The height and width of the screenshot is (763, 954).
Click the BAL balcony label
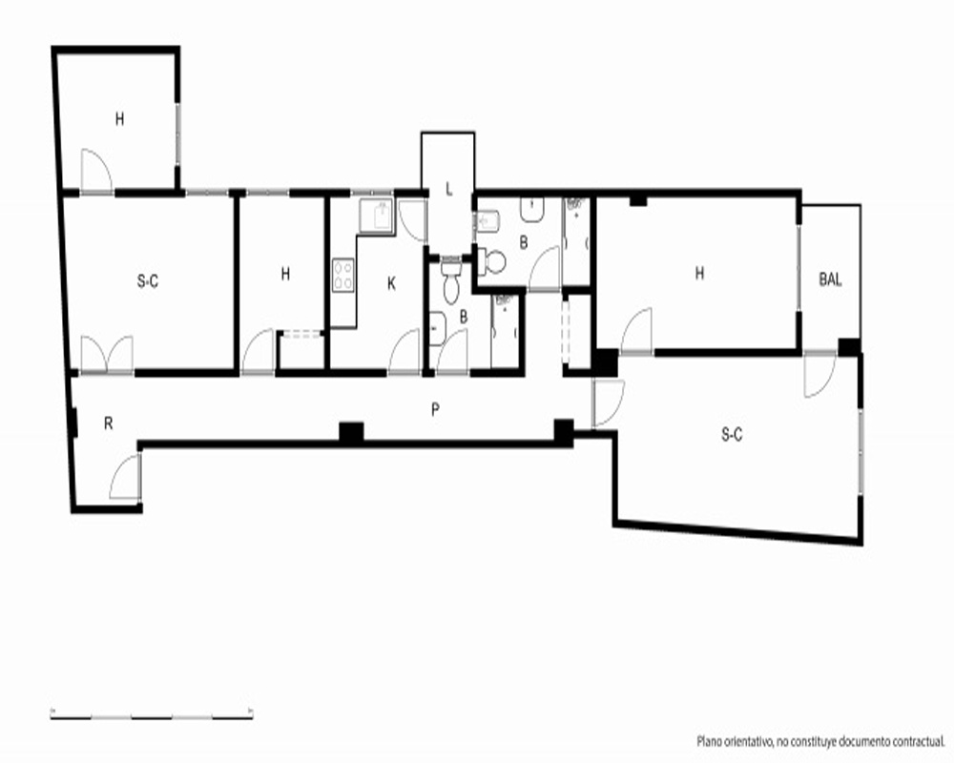coord(831,279)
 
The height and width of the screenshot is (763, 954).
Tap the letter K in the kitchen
coord(391,283)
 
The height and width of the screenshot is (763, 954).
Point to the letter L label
coord(449,189)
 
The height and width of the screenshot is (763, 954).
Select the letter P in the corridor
coord(435,410)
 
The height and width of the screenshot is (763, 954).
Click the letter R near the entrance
coord(109,423)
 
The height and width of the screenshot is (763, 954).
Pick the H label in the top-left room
coord(120,119)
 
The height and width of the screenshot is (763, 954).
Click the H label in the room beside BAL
coord(699,273)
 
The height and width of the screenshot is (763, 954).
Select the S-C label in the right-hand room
coord(732,435)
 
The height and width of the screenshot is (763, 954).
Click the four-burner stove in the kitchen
coord(343,275)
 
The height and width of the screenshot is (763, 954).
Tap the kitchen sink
coord(376,217)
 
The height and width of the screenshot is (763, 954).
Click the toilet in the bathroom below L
coord(451,282)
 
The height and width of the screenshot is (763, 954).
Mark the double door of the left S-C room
coord(107,354)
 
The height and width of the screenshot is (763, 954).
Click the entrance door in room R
coord(125,478)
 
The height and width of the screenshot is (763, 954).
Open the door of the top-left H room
coord(96,172)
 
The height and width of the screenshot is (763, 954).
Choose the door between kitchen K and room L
coord(413,221)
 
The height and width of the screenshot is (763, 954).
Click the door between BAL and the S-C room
coord(819,375)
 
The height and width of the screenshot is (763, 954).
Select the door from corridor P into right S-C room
coord(609,402)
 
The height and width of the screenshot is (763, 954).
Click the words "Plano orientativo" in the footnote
coord(734,742)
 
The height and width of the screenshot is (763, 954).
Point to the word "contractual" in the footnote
coord(919,742)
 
